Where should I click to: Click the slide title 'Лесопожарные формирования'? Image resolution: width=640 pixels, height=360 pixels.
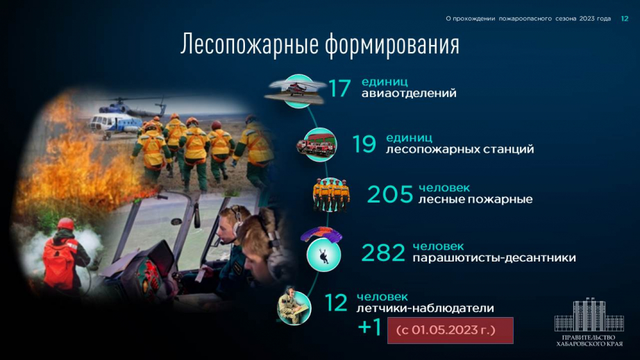pyautogui.click(x=320, y=44)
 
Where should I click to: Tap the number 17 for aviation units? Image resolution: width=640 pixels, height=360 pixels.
pyautogui.click(x=339, y=88)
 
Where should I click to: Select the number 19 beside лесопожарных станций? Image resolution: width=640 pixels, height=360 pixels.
pyautogui.click(x=364, y=144)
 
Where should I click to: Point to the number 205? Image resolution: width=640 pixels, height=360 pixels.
pyautogui.click(x=390, y=194)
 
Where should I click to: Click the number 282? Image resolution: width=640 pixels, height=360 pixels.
pyautogui.click(x=383, y=252)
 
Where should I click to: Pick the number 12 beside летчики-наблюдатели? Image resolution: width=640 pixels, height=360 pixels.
pyautogui.click(x=336, y=303)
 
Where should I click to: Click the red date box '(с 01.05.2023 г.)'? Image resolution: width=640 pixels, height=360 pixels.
pyautogui.click(x=450, y=330)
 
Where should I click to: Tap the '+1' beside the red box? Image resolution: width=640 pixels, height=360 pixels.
pyautogui.click(x=370, y=327)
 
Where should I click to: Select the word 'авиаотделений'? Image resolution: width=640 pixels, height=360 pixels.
pyautogui.click(x=409, y=94)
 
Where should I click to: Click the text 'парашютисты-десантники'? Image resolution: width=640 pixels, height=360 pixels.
pyautogui.click(x=494, y=258)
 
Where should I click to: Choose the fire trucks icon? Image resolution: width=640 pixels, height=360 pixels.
pyautogui.click(x=317, y=145)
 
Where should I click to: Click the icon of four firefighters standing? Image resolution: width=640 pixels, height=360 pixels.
pyautogui.click(x=331, y=195)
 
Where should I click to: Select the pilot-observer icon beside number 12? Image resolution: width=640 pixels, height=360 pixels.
pyautogui.click(x=294, y=307)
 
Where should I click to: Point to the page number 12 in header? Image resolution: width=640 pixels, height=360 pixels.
pyautogui.click(x=625, y=18)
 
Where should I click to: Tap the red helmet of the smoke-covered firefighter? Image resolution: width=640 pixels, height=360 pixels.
pyautogui.click(x=65, y=224)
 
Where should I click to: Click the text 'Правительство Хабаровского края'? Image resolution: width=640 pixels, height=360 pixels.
pyautogui.click(x=589, y=341)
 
